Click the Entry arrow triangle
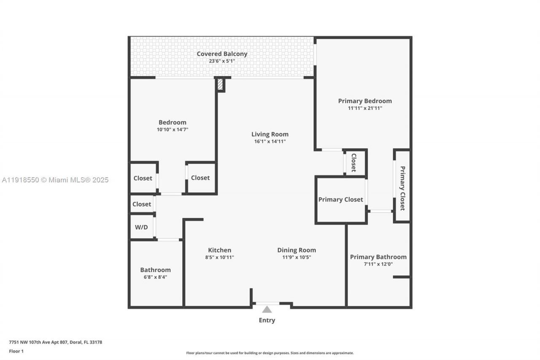[x=267, y=309]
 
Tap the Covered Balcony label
[x=222, y=54]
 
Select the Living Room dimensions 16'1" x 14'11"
[x=270, y=141]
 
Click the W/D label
[x=141, y=227]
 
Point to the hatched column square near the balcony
[x=220, y=84]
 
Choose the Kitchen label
[x=219, y=250]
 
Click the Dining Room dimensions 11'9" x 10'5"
[x=297, y=257]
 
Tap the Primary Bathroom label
[x=378, y=257]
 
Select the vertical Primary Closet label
[x=402, y=188]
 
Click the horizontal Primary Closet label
[x=340, y=200]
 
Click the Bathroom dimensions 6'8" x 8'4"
[x=155, y=277]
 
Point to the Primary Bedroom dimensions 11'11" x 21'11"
[x=365, y=108]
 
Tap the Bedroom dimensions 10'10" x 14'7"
[x=172, y=130]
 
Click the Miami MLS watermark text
[x=55, y=180]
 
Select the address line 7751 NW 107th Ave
[x=55, y=342]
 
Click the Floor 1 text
[x=16, y=351]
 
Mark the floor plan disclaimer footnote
[x=270, y=353]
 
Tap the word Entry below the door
[x=267, y=320]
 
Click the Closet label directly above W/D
[x=142, y=204]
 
